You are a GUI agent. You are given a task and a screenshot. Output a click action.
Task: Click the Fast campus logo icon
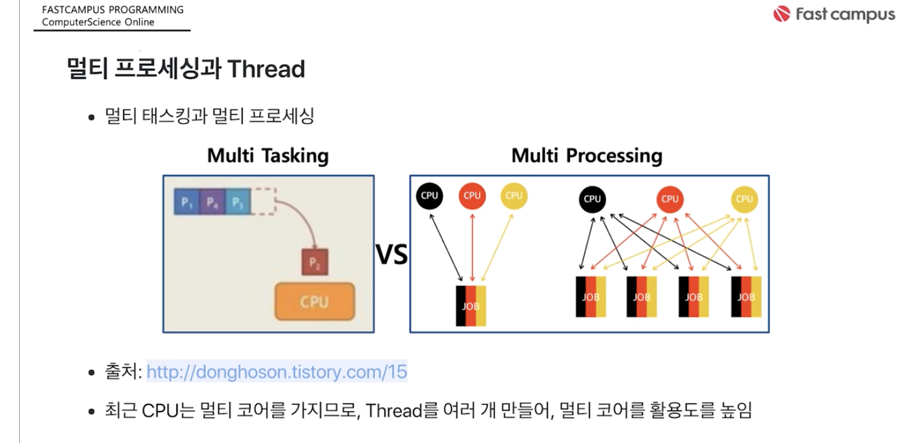[782, 14]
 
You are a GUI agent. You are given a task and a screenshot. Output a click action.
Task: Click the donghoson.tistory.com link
[277, 372]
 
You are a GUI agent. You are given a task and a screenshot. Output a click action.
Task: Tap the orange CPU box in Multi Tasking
[315, 301]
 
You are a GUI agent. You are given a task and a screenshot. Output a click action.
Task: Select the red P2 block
[315, 262]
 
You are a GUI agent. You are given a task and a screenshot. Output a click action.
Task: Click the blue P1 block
[187, 201]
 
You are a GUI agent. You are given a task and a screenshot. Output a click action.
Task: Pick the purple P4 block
[212, 201]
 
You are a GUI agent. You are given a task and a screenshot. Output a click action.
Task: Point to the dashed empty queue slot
[263, 201]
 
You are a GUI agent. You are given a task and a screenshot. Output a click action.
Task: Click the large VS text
[391, 255]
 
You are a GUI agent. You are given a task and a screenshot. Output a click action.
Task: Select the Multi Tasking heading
[268, 156]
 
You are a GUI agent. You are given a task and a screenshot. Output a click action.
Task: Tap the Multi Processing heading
[587, 156]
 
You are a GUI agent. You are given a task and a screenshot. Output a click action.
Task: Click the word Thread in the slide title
[266, 69]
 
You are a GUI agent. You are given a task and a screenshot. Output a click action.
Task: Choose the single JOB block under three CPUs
[470, 306]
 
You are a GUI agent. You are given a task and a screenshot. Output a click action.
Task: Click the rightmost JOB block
[746, 297]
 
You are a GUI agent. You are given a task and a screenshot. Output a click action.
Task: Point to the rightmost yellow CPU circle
[744, 199]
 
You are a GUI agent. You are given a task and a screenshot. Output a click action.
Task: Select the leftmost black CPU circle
[430, 196]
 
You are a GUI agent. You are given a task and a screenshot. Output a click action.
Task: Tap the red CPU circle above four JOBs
[670, 199]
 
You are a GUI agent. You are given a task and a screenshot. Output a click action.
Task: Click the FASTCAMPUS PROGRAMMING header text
[113, 10]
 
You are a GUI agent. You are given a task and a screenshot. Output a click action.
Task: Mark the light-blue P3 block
[238, 201]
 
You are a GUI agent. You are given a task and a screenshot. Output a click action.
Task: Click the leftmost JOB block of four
[591, 297]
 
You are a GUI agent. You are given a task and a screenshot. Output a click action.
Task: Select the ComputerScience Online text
[98, 22]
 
